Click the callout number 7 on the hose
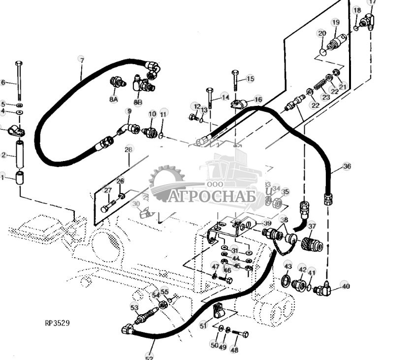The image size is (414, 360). point(81,59)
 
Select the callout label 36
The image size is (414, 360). point(347,166)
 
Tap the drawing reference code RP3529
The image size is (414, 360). point(57,323)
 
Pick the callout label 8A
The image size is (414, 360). point(114,99)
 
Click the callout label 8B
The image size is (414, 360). point(138,102)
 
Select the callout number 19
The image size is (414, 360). point(335,22)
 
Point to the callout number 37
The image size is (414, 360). point(312,226)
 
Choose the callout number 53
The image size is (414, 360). point(134,307)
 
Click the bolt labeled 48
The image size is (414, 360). point(239,334)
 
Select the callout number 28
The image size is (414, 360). point(128,149)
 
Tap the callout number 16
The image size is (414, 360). point(258,99)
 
